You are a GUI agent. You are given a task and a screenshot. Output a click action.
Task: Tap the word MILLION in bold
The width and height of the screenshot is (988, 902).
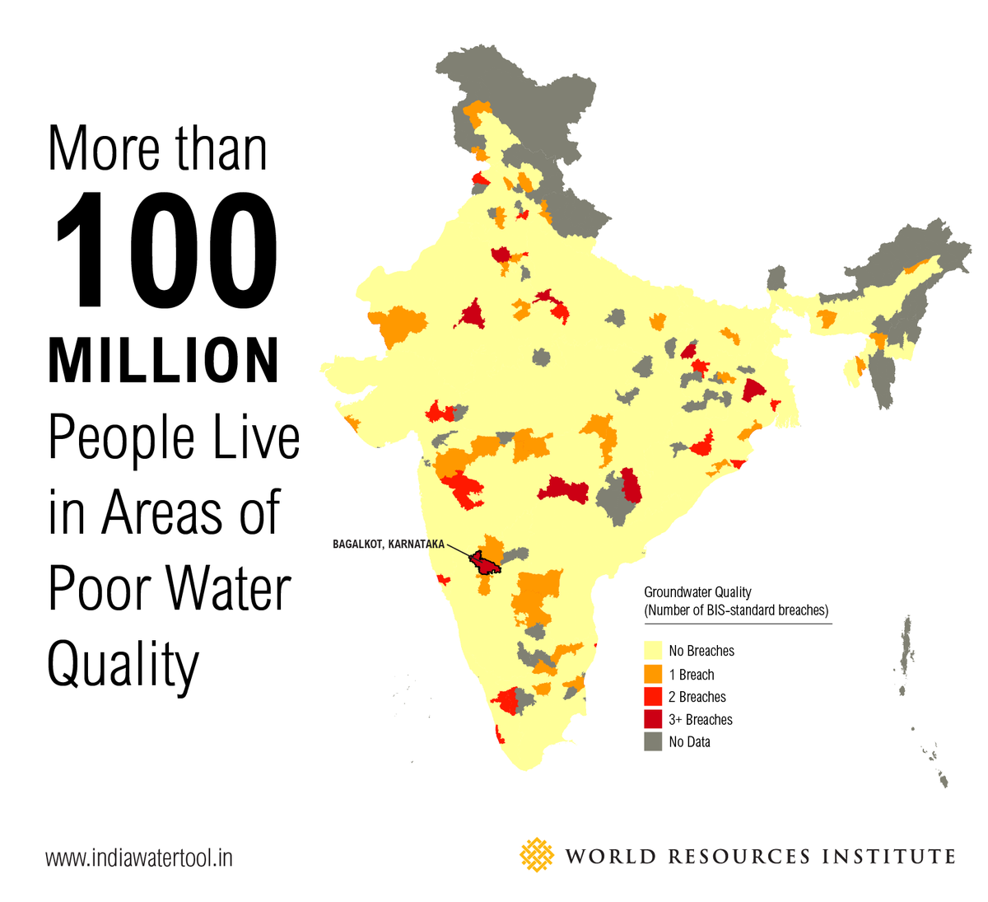click(x=164, y=361)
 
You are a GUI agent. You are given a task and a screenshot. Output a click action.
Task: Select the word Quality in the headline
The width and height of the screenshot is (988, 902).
click(x=123, y=666)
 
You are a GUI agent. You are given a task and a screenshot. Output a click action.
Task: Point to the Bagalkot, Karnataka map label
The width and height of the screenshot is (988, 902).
click(x=388, y=544)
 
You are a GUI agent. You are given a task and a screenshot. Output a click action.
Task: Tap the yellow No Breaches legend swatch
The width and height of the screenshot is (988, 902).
click(x=653, y=651)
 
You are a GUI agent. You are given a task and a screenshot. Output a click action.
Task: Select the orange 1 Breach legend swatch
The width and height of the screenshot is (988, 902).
click(x=653, y=674)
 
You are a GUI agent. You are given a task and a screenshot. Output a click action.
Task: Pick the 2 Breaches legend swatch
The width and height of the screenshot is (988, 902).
click(x=653, y=697)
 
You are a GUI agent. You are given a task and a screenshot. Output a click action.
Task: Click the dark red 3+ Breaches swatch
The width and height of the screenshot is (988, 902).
click(x=653, y=719)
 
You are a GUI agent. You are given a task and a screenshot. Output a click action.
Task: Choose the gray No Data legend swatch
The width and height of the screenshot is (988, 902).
click(x=653, y=741)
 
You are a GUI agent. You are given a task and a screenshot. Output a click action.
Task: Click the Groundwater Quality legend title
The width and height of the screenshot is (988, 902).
click(x=697, y=591)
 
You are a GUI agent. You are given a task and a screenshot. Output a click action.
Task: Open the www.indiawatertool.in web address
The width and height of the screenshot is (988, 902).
click(x=138, y=858)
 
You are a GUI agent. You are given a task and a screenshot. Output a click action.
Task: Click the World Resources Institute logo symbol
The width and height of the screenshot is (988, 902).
click(x=537, y=855)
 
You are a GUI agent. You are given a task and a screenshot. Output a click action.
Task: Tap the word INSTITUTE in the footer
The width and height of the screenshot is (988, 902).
click(x=888, y=857)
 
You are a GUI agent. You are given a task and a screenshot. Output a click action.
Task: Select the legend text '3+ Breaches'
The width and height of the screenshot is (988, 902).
click(x=701, y=719)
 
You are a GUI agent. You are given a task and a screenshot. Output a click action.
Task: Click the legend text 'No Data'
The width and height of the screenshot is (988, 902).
click(x=689, y=741)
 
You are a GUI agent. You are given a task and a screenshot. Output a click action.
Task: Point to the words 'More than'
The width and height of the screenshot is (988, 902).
click(x=157, y=149)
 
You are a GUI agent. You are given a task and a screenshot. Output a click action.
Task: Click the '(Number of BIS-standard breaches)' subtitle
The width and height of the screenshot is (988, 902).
click(x=736, y=610)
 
